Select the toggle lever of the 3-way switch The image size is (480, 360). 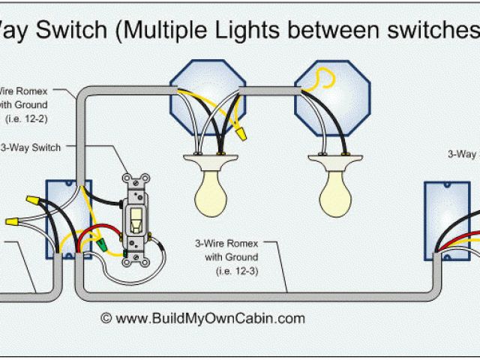coord(137,219)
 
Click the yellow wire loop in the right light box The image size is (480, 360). coord(323,77)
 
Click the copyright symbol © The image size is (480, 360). coord(106,318)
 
